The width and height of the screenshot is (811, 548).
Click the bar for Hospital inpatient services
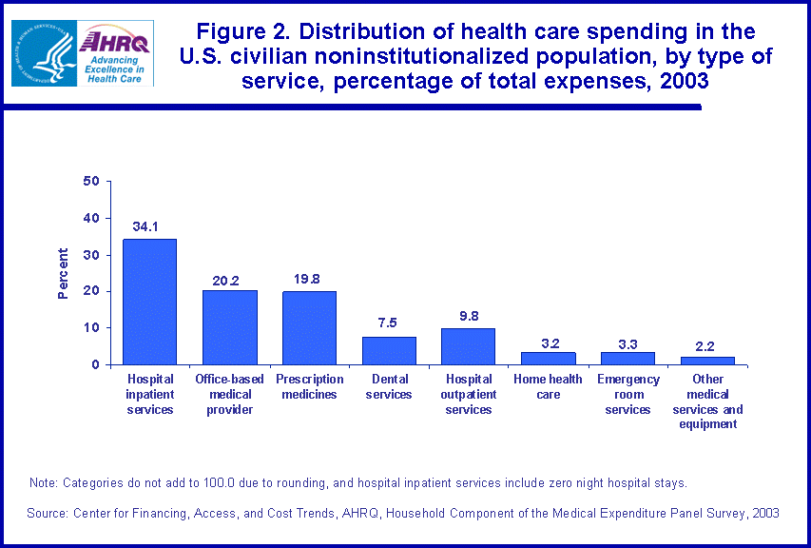(x=149, y=302)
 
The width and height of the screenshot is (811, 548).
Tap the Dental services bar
(x=389, y=350)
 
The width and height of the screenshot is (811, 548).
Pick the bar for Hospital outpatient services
(x=469, y=346)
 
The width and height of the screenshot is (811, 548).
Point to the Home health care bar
(x=548, y=359)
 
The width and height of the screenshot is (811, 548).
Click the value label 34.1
(x=149, y=227)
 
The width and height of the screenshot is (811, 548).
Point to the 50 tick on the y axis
(x=91, y=181)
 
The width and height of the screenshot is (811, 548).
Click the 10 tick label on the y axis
(x=91, y=328)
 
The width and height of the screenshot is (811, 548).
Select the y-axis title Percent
(x=63, y=273)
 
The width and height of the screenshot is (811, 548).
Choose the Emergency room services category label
(x=628, y=395)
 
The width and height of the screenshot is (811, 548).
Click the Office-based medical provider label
(x=229, y=395)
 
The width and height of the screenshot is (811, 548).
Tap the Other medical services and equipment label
(x=707, y=401)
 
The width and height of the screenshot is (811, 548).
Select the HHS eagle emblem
(x=41, y=53)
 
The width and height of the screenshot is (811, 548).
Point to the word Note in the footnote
(x=44, y=483)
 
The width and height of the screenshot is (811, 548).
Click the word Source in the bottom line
(x=49, y=513)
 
